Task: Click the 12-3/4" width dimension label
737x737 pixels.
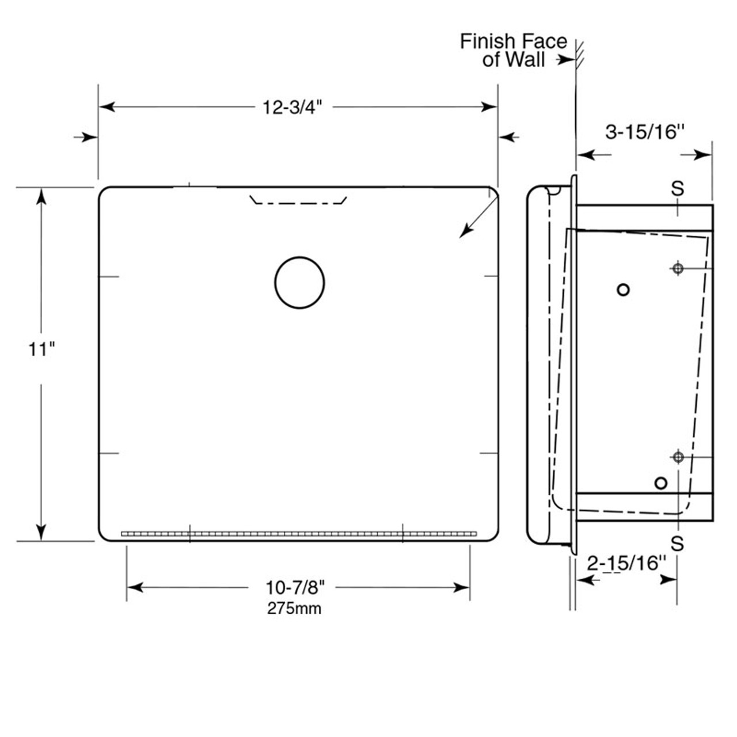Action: point(291,107)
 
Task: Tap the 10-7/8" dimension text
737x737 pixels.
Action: point(295,587)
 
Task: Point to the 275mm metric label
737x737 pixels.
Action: point(294,609)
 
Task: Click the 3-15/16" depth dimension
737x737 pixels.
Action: point(644,132)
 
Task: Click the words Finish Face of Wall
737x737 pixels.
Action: point(512,51)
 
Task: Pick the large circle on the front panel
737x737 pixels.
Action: point(299,283)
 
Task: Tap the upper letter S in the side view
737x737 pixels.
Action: point(678,188)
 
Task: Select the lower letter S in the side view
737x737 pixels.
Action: point(678,543)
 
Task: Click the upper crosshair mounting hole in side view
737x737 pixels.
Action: point(678,268)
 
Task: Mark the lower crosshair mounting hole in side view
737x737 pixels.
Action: point(678,457)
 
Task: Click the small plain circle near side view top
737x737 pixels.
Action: point(622,290)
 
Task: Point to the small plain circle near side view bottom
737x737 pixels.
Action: point(660,483)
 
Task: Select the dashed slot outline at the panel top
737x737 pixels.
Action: point(298,201)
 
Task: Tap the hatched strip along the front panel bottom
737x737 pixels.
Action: point(299,534)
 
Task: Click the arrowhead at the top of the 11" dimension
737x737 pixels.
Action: point(41,196)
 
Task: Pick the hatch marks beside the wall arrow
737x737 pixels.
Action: point(579,53)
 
